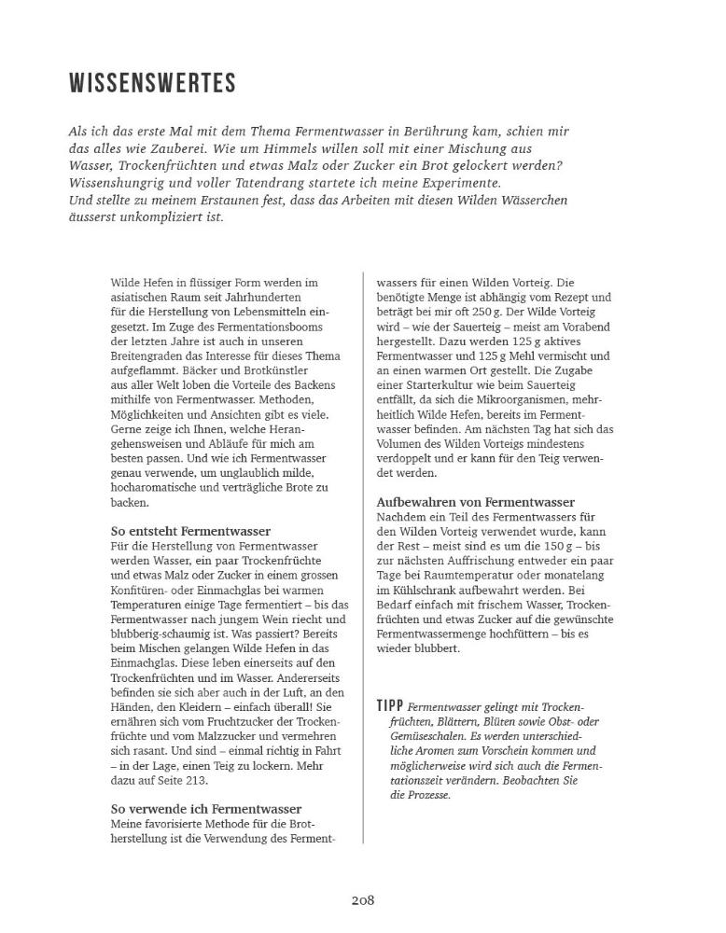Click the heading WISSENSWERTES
(x=152, y=84)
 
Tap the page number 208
(x=363, y=899)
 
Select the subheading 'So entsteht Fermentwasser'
(x=190, y=531)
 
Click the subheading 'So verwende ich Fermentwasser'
(x=206, y=808)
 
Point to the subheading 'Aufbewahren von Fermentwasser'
(x=475, y=502)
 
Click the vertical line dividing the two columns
(x=362, y=560)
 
